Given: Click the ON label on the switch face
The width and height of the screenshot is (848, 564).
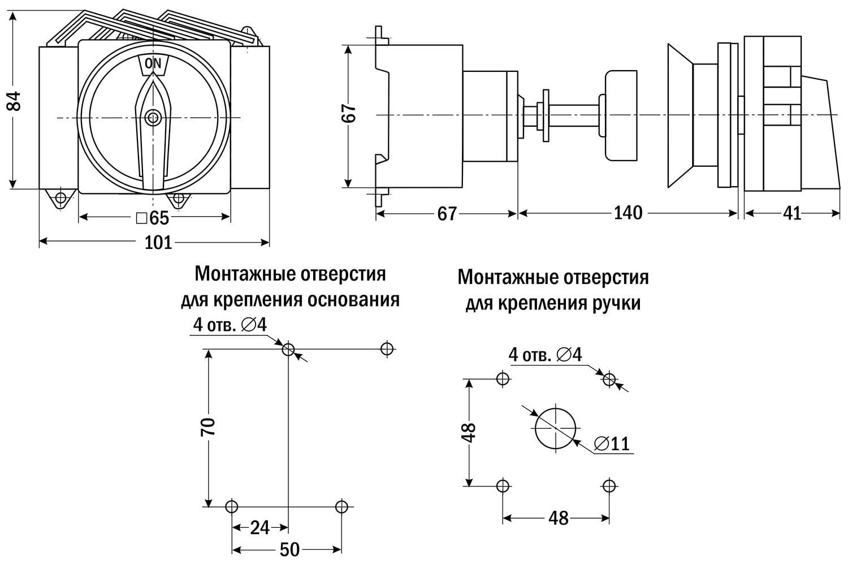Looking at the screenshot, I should [x=153, y=63].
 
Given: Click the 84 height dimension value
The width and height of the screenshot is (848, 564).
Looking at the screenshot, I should [x=14, y=101].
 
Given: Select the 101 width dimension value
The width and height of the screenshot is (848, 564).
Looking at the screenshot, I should [x=158, y=243].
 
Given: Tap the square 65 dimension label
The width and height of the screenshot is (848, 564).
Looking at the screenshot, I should [x=153, y=218].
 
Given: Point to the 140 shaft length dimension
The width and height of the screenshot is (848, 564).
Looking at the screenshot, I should [x=628, y=213].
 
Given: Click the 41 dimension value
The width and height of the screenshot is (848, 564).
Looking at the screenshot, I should [x=792, y=213].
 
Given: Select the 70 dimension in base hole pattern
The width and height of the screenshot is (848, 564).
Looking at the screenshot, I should [x=208, y=426].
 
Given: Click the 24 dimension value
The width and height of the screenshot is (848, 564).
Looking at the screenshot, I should [x=259, y=528].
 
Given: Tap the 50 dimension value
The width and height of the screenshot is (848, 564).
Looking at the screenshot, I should [x=289, y=549].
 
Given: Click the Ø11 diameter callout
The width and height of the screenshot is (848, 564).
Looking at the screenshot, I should [x=612, y=444].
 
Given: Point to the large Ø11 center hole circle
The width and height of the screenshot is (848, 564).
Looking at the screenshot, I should [x=555, y=428].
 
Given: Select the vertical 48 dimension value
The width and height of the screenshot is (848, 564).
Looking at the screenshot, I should [x=469, y=432].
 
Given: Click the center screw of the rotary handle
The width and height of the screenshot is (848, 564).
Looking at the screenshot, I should [x=152, y=118].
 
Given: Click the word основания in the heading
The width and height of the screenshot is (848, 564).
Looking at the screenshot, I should [x=353, y=300].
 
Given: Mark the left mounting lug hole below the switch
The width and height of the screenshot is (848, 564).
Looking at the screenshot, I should [x=59, y=198].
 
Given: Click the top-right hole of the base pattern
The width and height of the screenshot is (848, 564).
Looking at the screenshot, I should [x=387, y=348].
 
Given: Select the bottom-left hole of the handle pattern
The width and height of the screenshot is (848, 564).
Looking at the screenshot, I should [x=503, y=485].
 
